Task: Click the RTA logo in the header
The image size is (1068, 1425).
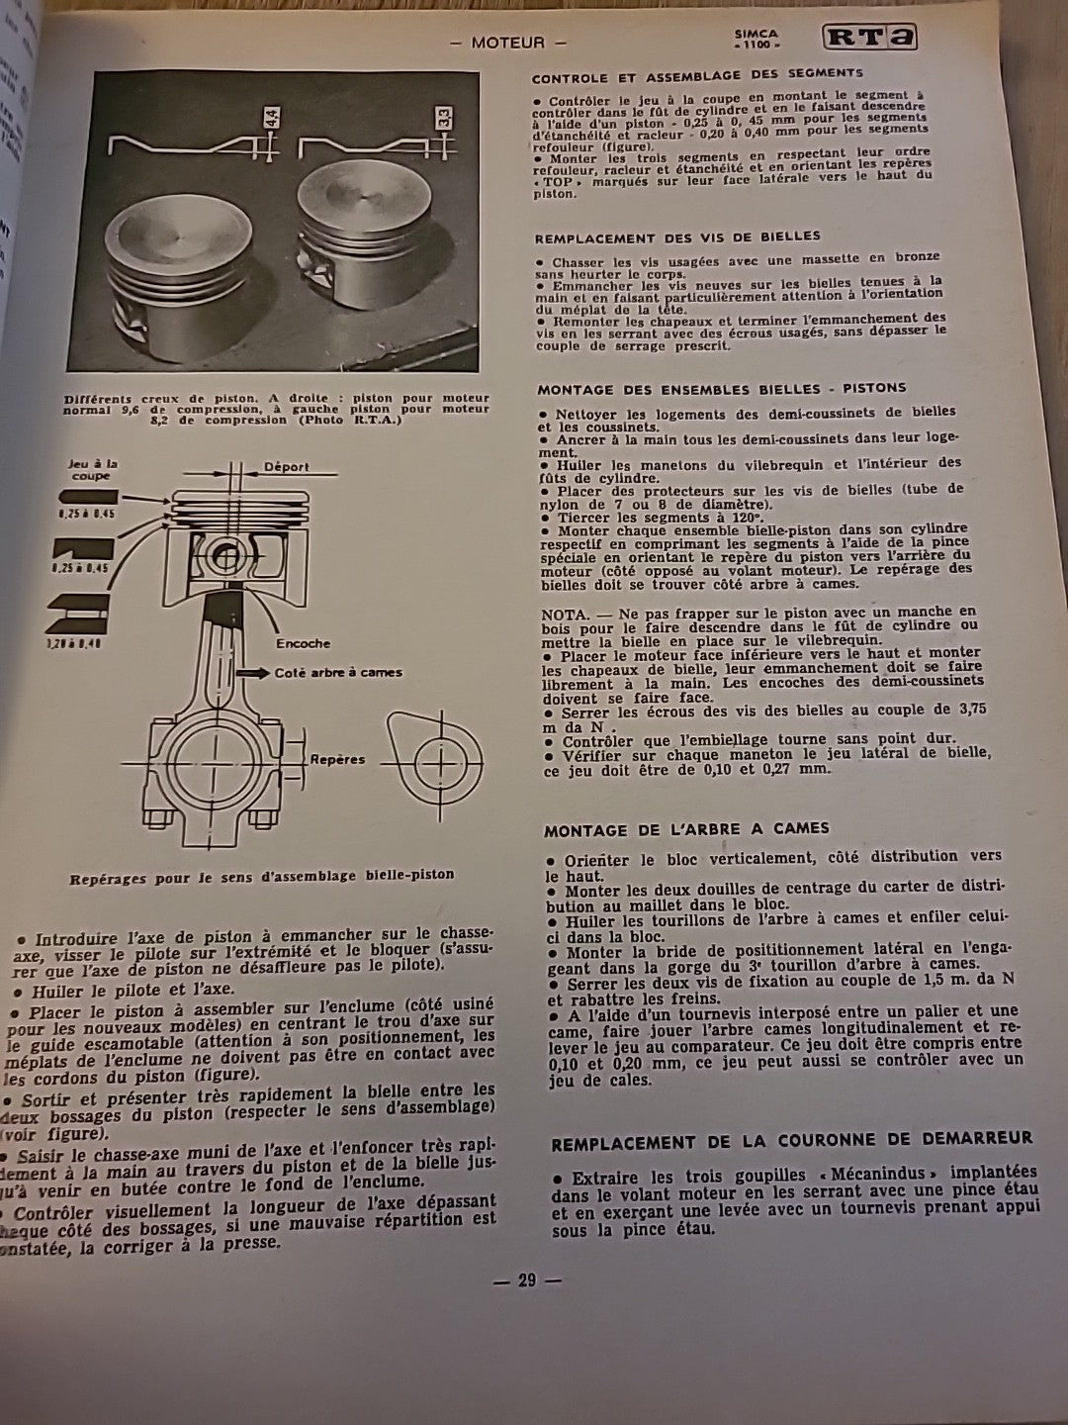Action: (x=868, y=38)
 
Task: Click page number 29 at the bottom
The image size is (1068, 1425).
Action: (x=526, y=1280)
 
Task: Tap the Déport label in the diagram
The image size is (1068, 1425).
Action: (x=287, y=466)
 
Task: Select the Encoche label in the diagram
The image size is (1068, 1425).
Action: (x=303, y=643)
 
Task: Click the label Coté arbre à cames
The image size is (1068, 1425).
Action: (x=338, y=672)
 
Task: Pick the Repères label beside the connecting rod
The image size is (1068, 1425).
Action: (x=337, y=760)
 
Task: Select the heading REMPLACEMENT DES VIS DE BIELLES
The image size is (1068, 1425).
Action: (x=677, y=237)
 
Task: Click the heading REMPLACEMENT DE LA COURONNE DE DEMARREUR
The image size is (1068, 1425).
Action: (x=791, y=1140)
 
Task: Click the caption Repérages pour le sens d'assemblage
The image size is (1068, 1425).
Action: (x=262, y=876)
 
